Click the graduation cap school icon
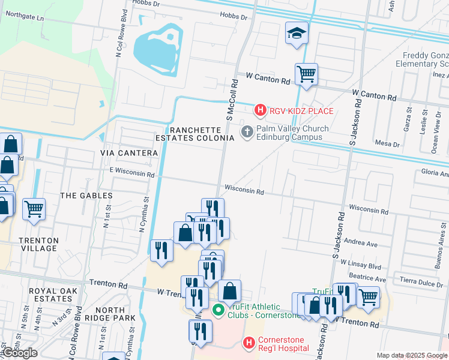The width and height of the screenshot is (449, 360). (x=297, y=34)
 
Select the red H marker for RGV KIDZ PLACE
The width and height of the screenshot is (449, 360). (x=260, y=110)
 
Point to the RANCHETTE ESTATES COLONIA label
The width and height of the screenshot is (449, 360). (x=201, y=134)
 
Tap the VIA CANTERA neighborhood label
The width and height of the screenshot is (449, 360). (x=129, y=153)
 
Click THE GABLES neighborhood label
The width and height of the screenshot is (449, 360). (x=86, y=196)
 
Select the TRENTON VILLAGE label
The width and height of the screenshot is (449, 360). (x=39, y=244)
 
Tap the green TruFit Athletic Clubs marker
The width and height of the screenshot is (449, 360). (x=218, y=310)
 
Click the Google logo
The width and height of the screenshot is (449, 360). (x=19, y=353)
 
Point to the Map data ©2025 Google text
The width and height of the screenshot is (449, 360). (x=412, y=355)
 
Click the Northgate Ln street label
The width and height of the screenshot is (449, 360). (x=24, y=19)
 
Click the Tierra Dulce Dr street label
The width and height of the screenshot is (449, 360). (x=424, y=283)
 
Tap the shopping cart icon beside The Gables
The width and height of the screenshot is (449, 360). (x=34, y=210)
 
